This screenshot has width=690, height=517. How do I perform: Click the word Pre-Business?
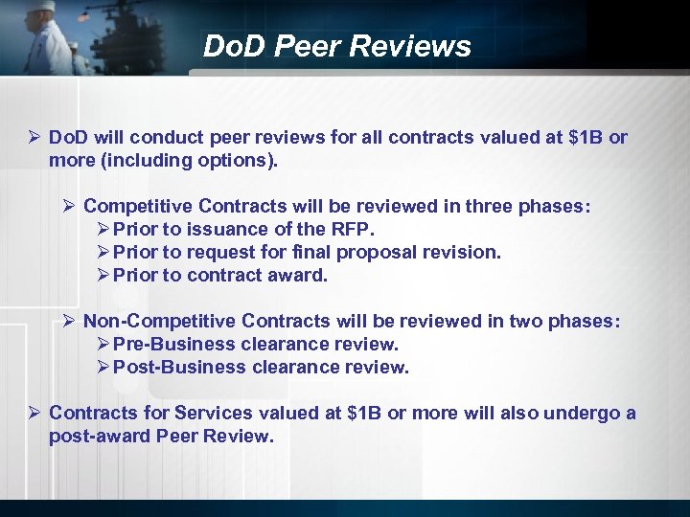172,345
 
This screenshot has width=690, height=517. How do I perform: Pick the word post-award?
96,437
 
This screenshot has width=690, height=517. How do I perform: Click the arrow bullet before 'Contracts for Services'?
34,414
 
